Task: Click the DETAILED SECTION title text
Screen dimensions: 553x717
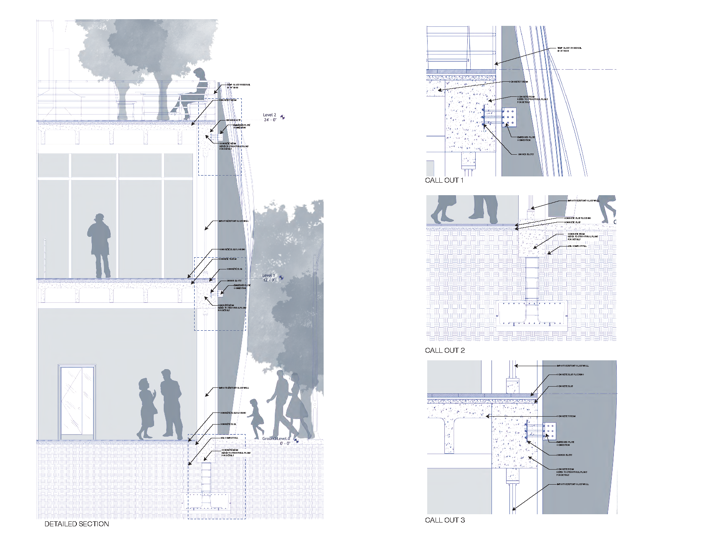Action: [x=76, y=524]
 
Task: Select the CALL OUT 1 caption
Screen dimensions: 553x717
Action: [x=444, y=180]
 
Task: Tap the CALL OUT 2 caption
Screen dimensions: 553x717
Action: [x=445, y=350]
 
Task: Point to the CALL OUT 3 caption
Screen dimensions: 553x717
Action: [x=445, y=520]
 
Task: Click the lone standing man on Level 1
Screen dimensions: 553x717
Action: [x=99, y=246]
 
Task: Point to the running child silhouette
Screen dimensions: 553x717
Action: [x=256, y=417]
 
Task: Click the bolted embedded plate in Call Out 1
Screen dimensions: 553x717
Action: [x=509, y=117]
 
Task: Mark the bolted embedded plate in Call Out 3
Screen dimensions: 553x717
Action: [x=550, y=431]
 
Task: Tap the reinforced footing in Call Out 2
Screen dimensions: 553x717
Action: [x=532, y=314]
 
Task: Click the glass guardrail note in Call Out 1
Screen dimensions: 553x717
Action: [x=569, y=49]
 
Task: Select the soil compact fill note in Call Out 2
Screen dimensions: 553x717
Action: [x=577, y=246]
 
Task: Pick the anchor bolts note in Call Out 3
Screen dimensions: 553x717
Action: [x=564, y=455]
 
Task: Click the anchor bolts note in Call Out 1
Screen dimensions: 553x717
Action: [x=526, y=154]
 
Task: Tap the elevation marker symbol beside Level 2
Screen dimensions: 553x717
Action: [x=283, y=117]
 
